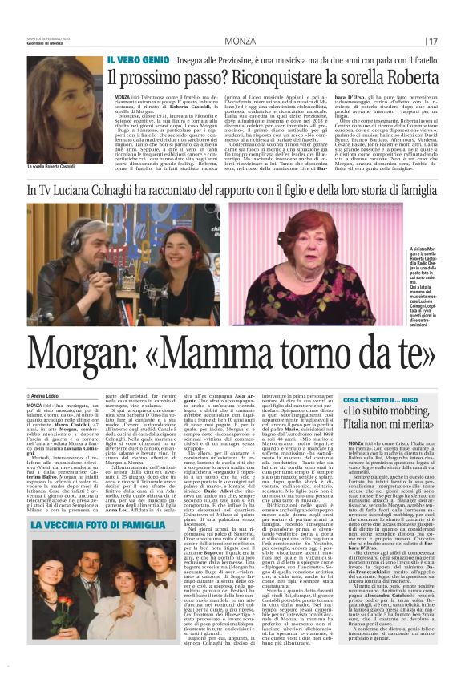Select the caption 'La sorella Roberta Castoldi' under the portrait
coord(54,167)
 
